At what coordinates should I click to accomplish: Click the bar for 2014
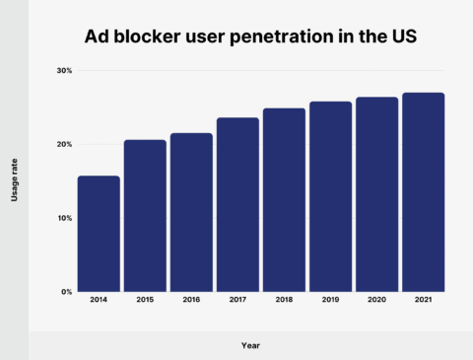coord(99,234)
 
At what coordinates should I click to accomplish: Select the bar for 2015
coord(145,216)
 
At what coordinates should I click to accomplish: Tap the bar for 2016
coord(191,212)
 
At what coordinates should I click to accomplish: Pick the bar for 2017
coord(237,204)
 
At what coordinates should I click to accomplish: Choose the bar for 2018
coord(284,199)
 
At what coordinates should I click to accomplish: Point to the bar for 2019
coord(330,196)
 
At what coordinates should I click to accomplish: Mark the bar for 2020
coord(376,194)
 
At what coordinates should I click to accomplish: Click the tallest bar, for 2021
coord(423,192)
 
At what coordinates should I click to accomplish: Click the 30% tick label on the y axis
coord(64,71)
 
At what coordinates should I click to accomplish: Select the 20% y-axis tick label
coord(64,145)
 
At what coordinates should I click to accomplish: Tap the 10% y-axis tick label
coord(64,218)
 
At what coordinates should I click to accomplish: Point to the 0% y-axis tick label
coord(66,292)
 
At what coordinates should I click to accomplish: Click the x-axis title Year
coord(251,345)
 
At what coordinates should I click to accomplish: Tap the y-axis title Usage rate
coord(15,181)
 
